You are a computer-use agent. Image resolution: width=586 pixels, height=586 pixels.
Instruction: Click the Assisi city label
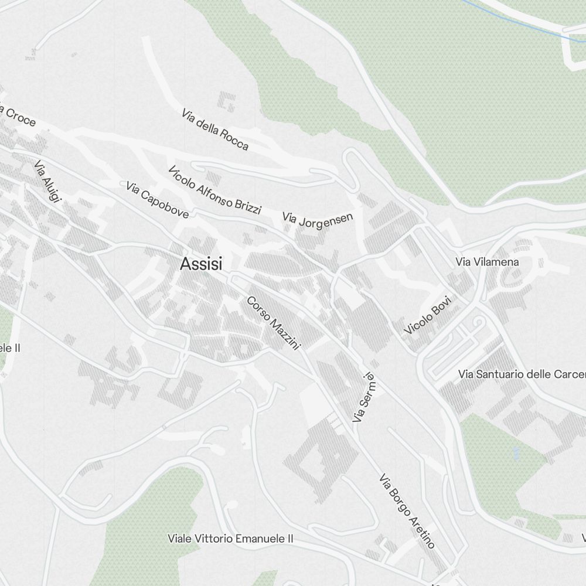point(202,264)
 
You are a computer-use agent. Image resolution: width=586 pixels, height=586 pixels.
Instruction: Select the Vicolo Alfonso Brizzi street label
point(214,190)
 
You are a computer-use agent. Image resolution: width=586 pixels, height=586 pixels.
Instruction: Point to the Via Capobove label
point(157,200)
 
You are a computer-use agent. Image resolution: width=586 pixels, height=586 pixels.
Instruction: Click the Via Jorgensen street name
point(318,220)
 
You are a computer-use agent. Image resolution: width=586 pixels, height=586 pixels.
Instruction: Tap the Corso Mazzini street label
point(273,323)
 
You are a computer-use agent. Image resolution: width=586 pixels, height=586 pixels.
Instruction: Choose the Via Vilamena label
point(487,262)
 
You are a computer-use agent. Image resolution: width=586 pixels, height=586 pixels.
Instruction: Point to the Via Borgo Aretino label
point(407,511)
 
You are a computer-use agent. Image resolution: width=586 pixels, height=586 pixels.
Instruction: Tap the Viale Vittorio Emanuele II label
point(230,538)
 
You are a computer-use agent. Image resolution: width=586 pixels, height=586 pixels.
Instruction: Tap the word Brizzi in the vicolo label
point(247,205)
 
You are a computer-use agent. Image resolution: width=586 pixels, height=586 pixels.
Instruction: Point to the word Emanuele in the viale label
point(257,538)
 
